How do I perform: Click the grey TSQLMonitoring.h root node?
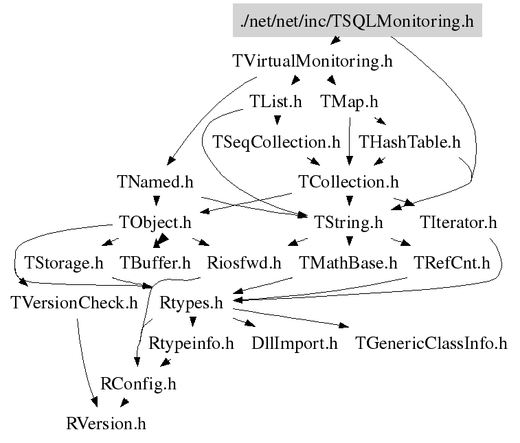(357, 21)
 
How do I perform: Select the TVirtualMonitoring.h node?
(313, 61)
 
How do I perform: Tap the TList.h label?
(275, 102)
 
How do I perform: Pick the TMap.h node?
(350, 102)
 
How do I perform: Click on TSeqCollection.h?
(276, 142)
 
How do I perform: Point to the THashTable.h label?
(409, 142)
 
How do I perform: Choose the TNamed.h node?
(155, 182)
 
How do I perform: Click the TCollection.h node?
(349, 182)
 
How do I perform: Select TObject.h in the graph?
(155, 223)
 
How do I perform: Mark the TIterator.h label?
(457, 223)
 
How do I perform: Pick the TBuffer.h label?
(155, 262)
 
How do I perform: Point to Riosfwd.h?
(245, 262)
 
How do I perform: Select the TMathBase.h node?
(349, 262)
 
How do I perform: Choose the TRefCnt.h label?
(452, 262)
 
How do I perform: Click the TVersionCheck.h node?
(75, 302)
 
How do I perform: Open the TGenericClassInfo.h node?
(431, 343)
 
